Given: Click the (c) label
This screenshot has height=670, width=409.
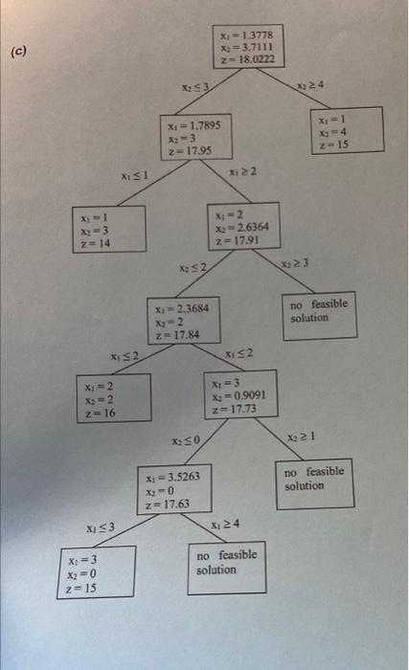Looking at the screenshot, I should [x=19, y=53].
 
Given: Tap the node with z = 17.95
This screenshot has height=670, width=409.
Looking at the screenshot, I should [x=196, y=138].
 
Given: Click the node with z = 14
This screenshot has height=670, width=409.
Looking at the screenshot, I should [x=108, y=231].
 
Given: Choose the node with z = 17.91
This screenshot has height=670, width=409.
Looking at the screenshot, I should [x=243, y=228].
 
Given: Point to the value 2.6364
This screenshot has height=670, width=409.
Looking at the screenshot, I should [x=253, y=228].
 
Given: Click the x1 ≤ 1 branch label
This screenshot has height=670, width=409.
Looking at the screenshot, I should [x=131, y=176].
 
